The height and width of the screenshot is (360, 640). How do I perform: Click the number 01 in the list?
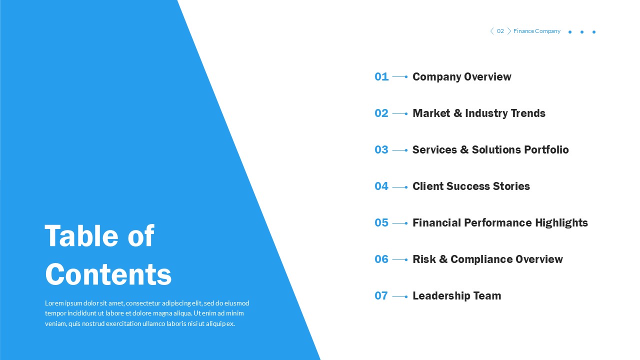click(x=381, y=76)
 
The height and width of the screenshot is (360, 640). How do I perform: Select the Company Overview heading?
click(x=461, y=76)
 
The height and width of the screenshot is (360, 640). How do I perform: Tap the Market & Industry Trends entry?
click(x=478, y=113)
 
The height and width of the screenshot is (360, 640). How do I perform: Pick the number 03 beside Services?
click(x=381, y=149)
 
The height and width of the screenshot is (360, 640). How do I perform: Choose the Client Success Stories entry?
click(x=471, y=186)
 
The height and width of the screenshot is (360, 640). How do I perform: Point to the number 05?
click(x=381, y=222)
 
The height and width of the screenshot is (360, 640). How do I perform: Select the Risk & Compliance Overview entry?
click(x=487, y=259)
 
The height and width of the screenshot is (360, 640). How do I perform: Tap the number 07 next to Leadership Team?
click(x=381, y=295)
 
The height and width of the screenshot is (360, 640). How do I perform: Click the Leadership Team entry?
click(x=456, y=295)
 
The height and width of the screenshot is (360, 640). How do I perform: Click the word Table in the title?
click(x=82, y=235)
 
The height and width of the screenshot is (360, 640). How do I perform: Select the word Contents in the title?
click(x=108, y=274)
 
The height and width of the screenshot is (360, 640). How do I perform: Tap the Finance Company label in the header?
click(x=536, y=31)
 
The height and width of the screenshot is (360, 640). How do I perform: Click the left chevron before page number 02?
click(x=491, y=31)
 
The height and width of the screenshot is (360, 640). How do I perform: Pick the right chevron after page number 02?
click(x=509, y=31)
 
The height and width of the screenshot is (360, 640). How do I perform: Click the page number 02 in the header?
click(x=500, y=31)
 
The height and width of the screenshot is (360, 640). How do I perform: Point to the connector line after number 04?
click(x=399, y=187)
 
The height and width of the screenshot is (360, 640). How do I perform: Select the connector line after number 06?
click(x=399, y=260)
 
